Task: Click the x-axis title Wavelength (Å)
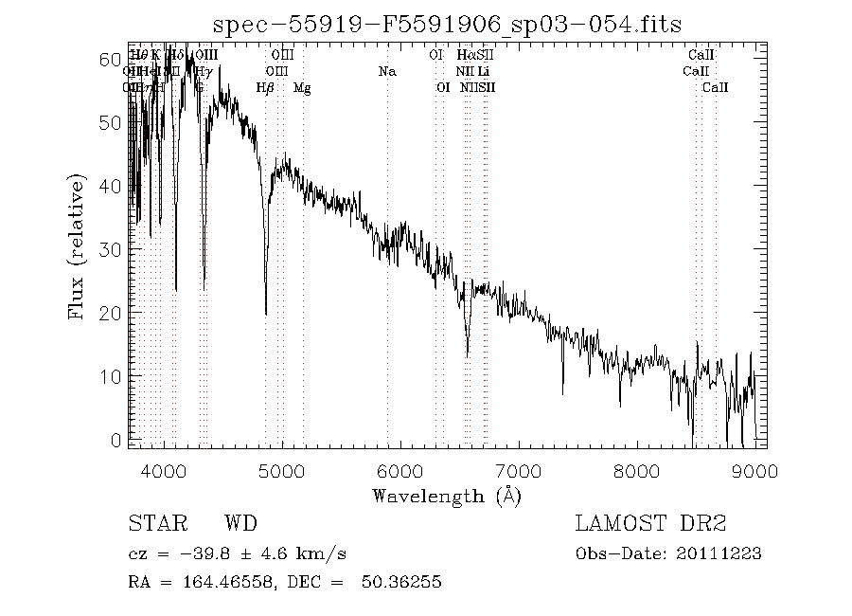tap(446, 495)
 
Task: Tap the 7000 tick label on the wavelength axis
tap(518, 470)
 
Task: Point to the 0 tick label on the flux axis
tap(115, 440)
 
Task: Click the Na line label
tap(386, 71)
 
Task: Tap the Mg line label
tap(302, 88)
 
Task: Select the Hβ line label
tap(265, 88)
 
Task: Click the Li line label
tap(484, 71)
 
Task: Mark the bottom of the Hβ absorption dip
tap(265, 314)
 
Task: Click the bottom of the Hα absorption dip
tap(467, 354)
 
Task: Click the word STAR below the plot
tap(154, 523)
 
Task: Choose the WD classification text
tap(240, 523)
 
